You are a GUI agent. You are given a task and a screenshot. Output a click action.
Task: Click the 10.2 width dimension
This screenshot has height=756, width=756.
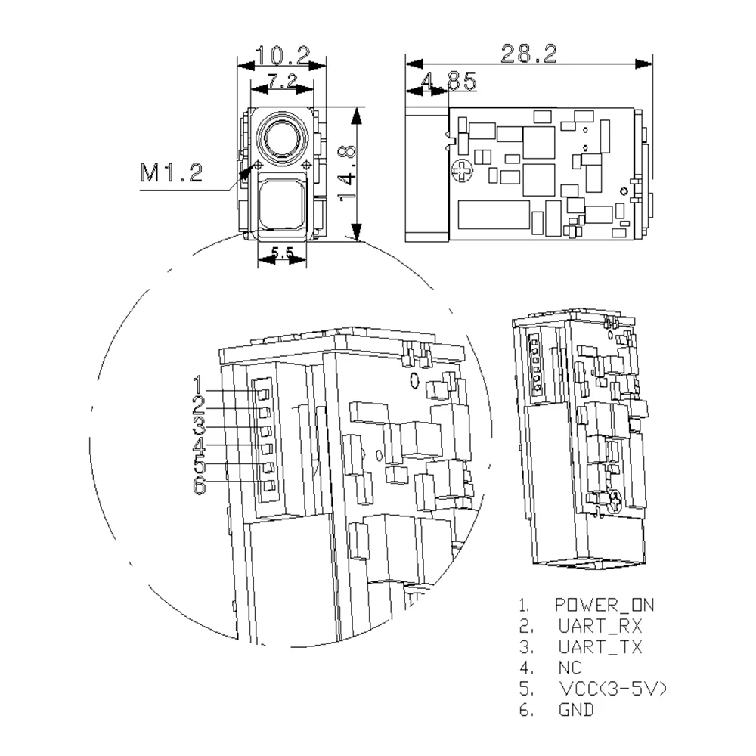(283, 55)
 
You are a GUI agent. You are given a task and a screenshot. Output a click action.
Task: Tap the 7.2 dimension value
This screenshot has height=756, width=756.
(283, 80)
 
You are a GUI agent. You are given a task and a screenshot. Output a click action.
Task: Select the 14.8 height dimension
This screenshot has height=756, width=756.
(347, 173)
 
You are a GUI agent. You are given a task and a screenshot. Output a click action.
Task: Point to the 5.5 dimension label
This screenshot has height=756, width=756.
(282, 252)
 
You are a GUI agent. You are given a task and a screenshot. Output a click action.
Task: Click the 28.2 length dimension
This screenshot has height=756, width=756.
(529, 53)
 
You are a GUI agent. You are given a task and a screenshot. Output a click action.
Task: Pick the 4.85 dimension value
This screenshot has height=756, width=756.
(449, 81)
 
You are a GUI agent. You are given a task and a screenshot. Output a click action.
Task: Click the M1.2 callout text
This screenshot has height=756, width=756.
(171, 172)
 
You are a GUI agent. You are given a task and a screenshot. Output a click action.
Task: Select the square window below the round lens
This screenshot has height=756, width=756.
(282, 202)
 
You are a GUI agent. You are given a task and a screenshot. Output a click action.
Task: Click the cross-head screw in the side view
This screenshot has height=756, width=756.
(463, 171)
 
